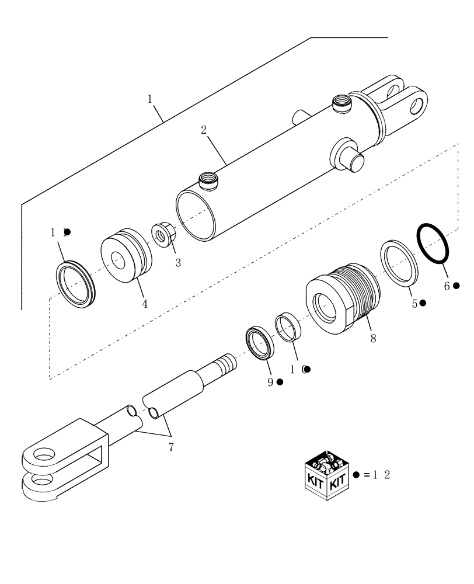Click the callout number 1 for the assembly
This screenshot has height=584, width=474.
coord(150,99)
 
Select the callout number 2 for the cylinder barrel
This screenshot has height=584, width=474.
coord(204,130)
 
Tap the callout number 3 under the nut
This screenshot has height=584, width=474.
coord(177,263)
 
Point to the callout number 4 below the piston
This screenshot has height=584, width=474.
coord(144,304)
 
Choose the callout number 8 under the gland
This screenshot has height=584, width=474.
coord(372,338)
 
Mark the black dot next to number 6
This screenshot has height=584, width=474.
coord(456,286)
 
